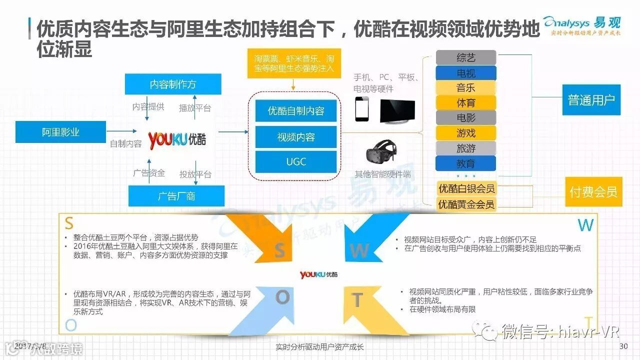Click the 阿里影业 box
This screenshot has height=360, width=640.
click(60, 132)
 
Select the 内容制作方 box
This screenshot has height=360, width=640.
click(173, 84)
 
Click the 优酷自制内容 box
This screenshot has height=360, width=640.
click(296, 111)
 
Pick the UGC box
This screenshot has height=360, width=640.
click(296, 161)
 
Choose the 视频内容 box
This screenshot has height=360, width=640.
click(296, 136)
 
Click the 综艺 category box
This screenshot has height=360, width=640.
click(465, 57)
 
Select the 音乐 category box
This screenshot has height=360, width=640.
click(465, 88)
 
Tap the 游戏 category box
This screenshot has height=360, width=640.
click(465, 133)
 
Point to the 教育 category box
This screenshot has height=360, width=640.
click(465, 163)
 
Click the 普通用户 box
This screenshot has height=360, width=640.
click(591, 100)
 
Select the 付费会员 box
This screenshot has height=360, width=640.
click(593, 191)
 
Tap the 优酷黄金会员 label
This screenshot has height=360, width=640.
click(466, 204)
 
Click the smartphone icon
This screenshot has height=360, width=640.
click(362, 108)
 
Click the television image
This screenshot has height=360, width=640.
click(397, 110)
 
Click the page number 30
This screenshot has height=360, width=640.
click(623, 346)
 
